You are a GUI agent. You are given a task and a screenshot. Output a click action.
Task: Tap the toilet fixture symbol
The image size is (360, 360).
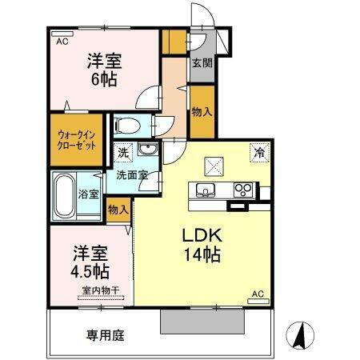[128, 125]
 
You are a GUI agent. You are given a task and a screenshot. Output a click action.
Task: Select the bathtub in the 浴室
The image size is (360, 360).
[65, 195]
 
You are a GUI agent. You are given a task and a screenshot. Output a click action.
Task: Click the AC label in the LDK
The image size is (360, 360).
[258, 294]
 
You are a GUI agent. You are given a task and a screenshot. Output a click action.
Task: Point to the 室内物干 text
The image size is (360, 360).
[99, 290]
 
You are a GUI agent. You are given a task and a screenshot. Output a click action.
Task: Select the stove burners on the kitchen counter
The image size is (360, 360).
[243, 190]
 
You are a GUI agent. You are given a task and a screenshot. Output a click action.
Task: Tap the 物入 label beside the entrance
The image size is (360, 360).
[202, 111]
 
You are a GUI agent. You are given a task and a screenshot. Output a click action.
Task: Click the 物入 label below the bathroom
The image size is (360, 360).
[118, 210]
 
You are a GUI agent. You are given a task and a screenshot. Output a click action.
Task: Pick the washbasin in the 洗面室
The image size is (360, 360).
[146, 152]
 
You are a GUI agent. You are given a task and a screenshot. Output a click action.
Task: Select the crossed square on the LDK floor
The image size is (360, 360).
[214, 166]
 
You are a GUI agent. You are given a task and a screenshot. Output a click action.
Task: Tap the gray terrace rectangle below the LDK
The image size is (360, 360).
[202, 321]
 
